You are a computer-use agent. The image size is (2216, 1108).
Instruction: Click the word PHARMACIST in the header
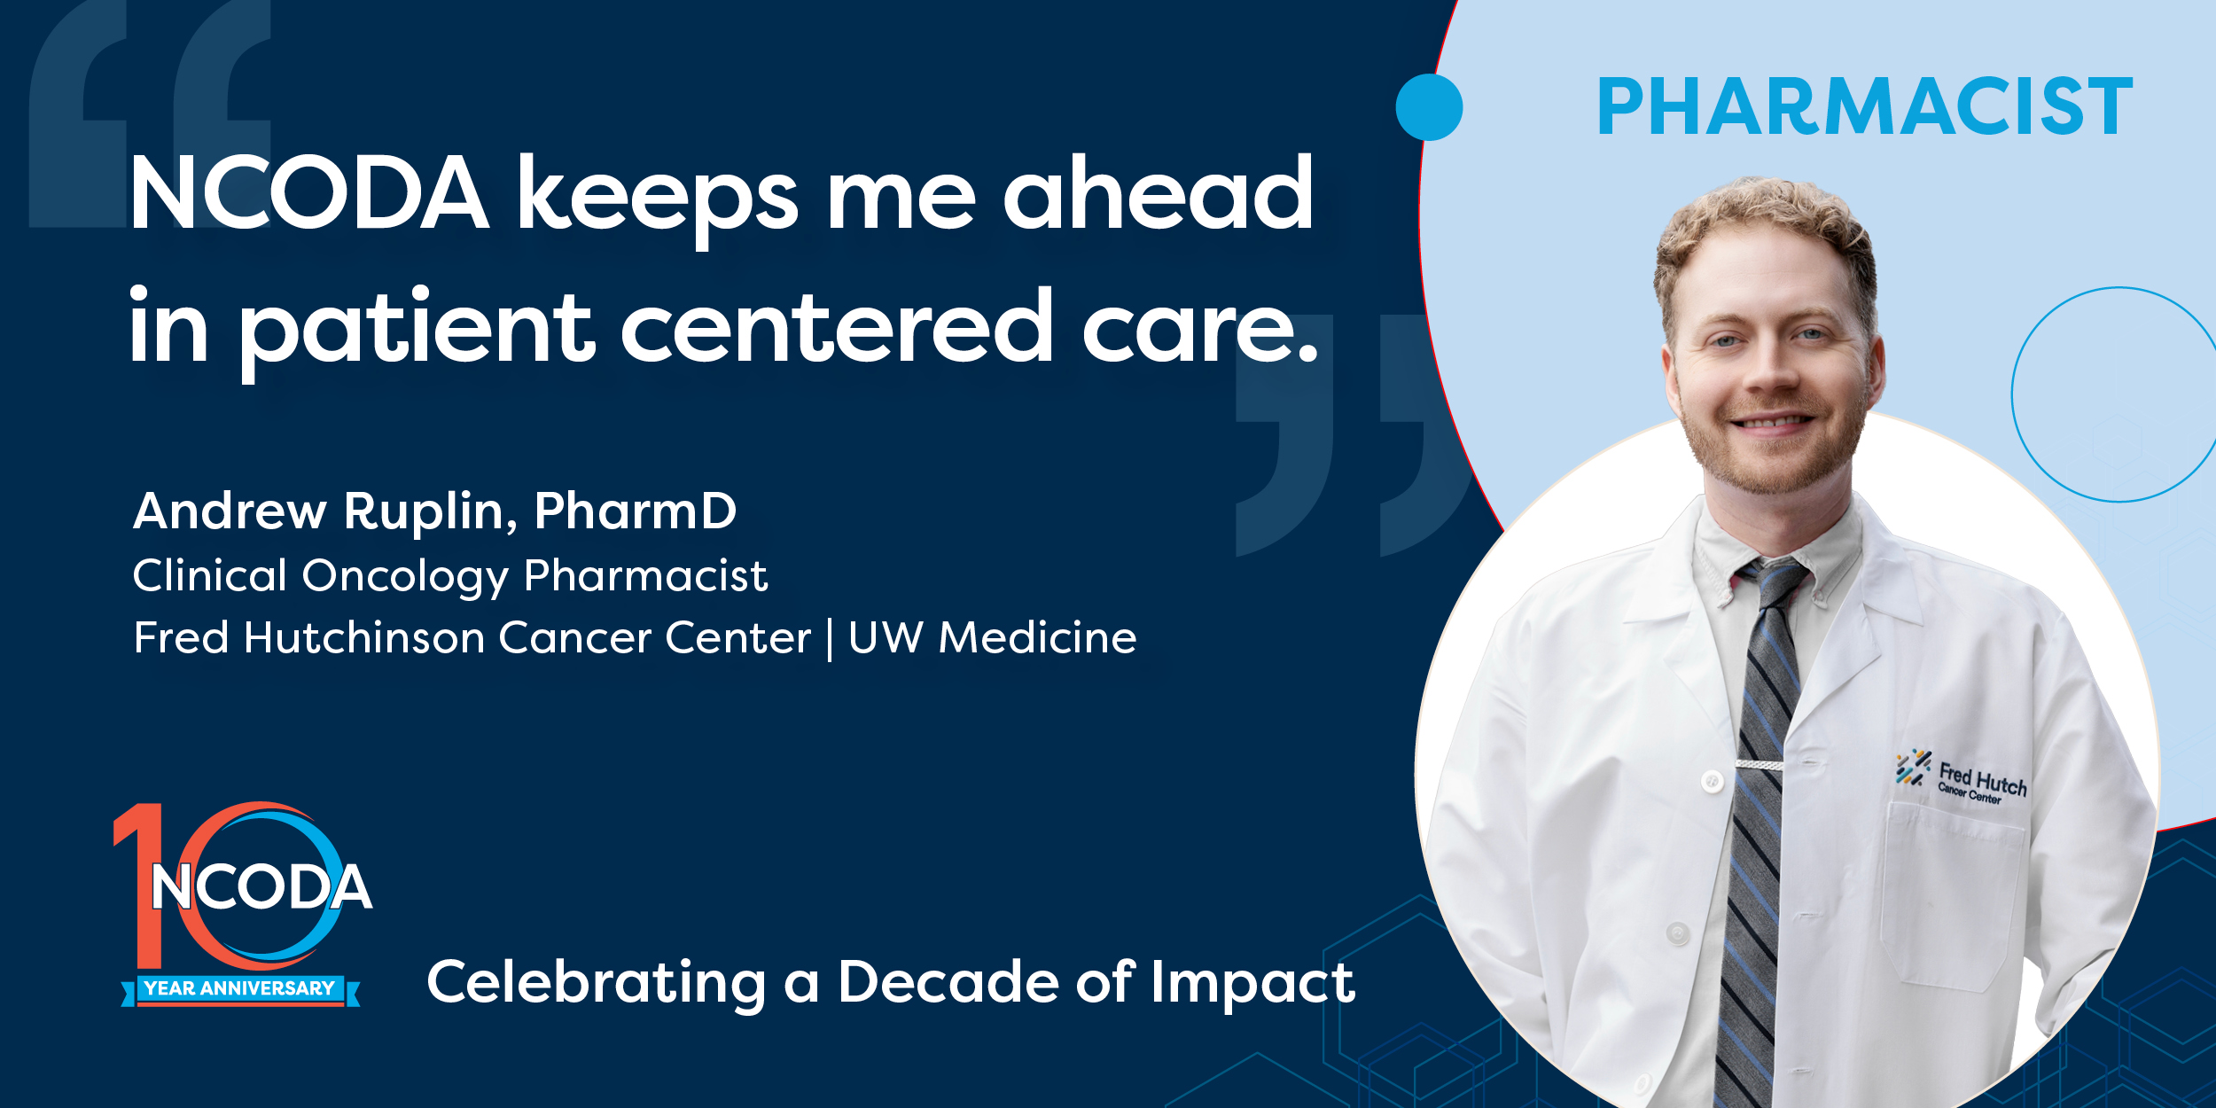coord(1864,106)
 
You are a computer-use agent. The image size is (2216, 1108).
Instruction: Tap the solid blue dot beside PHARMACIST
coord(1429,107)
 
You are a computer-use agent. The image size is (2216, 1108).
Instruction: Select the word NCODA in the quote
coord(309,193)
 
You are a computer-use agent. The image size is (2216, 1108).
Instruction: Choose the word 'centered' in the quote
coord(837,326)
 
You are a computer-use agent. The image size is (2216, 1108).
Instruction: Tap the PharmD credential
coord(636,511)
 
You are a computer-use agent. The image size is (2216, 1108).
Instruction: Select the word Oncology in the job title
coord(405,577)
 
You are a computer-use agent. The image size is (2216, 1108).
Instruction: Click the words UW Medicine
coord(992,637)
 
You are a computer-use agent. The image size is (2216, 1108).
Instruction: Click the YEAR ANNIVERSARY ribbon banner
coord(240,989)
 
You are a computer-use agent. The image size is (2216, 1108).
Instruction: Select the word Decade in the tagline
coord(948,982)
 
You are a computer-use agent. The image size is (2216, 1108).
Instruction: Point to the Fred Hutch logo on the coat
coord(1961,778)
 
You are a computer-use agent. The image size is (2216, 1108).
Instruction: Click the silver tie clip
coord(1760,764)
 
